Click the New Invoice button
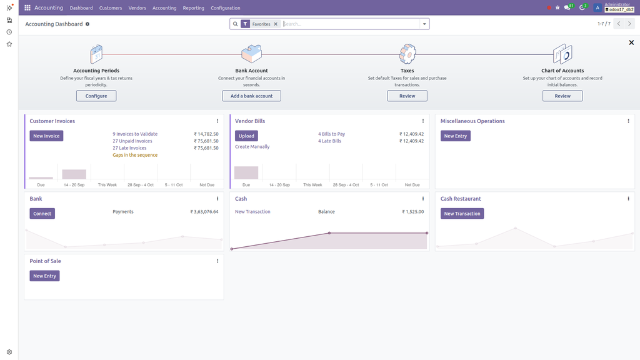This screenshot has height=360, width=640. (46, 136)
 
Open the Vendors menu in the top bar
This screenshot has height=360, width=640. (137, 8)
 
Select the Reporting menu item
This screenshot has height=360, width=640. (193, 8)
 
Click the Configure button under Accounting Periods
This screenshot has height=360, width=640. (96, 96)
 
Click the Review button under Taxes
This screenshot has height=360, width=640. (407, 96)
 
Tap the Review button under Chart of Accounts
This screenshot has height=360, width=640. (562, 96)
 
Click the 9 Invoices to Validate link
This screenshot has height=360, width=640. (135, 134)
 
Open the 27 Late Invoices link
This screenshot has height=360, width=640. (129, 148)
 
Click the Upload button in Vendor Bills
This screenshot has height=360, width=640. (246, 136)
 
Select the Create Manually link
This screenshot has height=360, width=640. (252, 147)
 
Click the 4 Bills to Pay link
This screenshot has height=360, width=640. (331, 134)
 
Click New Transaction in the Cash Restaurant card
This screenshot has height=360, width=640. (462, 214)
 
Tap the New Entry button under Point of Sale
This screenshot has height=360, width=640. (44, 276)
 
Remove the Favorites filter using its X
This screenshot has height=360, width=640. (276, 24)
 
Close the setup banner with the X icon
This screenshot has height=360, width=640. (631, 42)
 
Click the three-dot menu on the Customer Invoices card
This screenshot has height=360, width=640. (217, 121)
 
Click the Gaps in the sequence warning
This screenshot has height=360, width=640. (135, 155)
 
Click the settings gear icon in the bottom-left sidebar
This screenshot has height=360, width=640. (9, 352)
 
